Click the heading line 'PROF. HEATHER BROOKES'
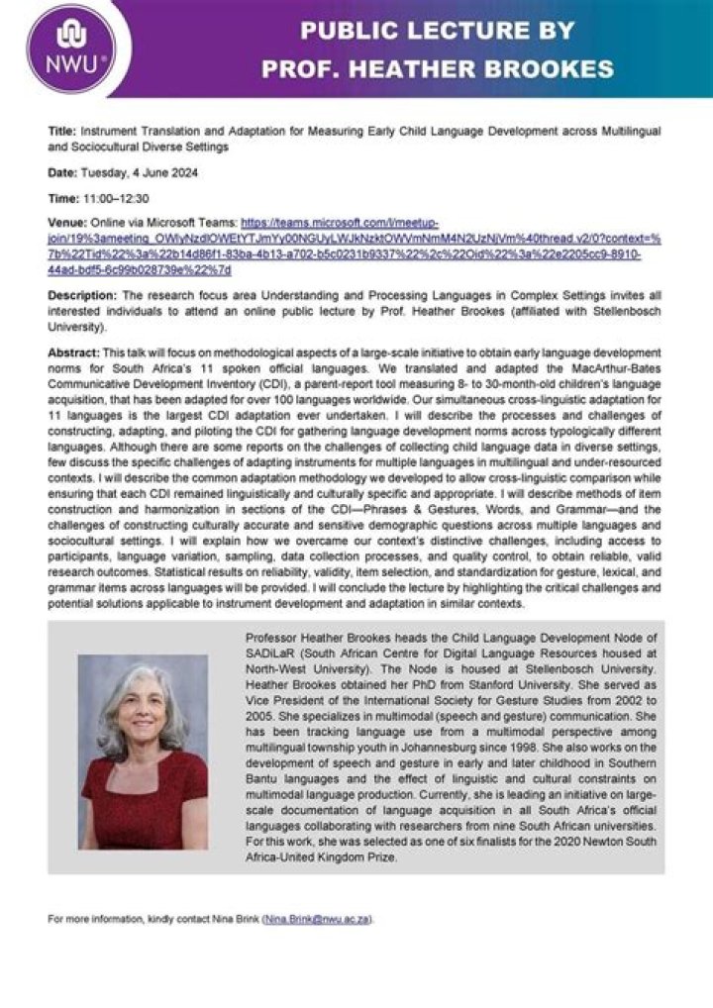click(437, 69)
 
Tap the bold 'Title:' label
click(62, 131)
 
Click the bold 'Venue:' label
click(67, 225)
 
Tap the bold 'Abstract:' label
click(74, 353)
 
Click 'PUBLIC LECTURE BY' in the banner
click(437, 31)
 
